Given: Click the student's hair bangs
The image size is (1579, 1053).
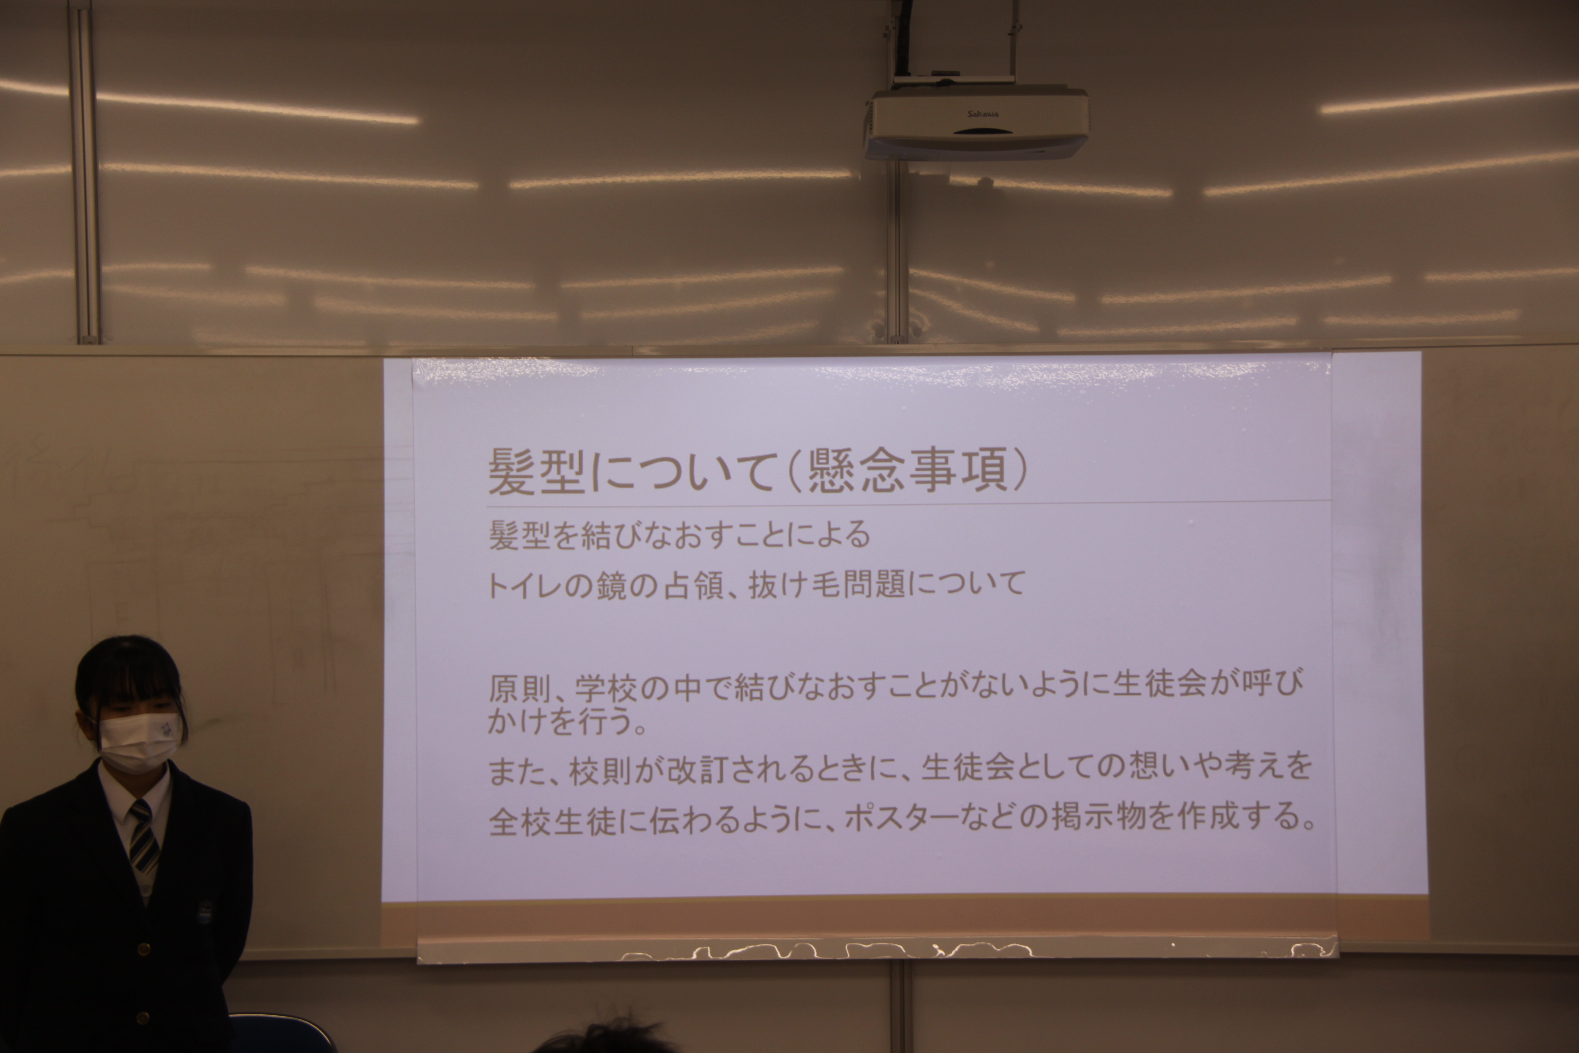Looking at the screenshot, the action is tap(131, 682).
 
